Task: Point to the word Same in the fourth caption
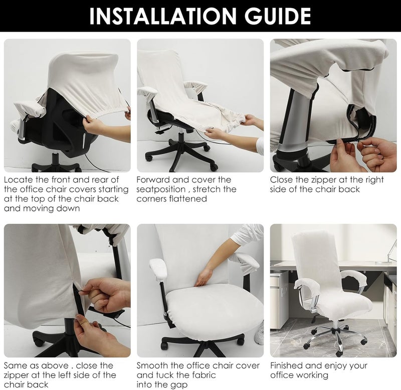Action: tap(15, 366)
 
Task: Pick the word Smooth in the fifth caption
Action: tap(152, 366)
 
